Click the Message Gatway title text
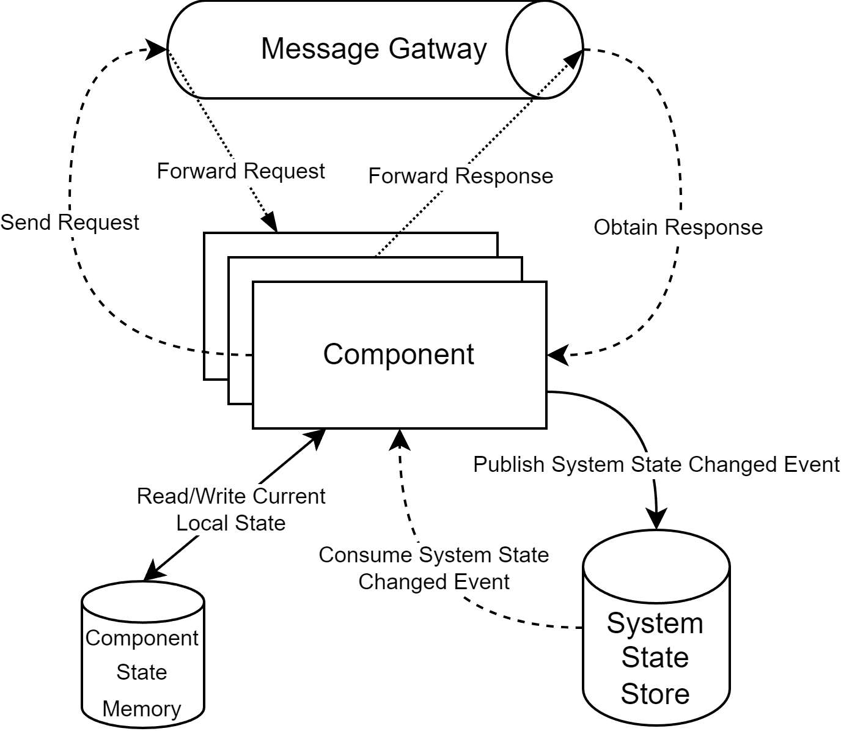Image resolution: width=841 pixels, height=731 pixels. pyautogui.click(x=373, y=49)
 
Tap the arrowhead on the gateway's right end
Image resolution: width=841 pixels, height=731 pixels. pyautogui.click(x=573, y=60)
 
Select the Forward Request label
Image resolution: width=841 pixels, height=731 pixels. pyautogui.click(x=241, y=171)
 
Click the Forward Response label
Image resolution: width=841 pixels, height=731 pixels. pyautogui.click(x=460, y=176)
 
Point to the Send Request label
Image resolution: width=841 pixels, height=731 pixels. pyautogui.click(x=70, y=222)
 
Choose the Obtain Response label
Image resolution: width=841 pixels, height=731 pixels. pyautogui.click(x=678, y=227)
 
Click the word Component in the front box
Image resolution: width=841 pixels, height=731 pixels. pyautogui.click(x=398, y=354)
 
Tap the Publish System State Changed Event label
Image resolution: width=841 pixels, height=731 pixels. pyautogui.click(x=656, y=465)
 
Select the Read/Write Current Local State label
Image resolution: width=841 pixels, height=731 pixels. pyautogui.click(x=230, y=509)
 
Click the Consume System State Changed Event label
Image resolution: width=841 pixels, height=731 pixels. pyautogui.click(x=433, y=568)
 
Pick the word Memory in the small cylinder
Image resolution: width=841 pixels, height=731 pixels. pyautogui.click(x=142, y=709)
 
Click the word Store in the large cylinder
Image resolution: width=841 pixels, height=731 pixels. pyautogui.click(x=655, y=694)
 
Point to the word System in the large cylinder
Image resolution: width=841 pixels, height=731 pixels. pyautogui.click(x=655, y=623)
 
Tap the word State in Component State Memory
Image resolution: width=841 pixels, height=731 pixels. pyautogui.click(x=142, y=672)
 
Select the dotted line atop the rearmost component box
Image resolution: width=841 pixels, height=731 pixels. pyautogui.click(x=386, y=245)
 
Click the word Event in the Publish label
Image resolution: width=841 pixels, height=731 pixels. pyautogui.click(x=812, y=465)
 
